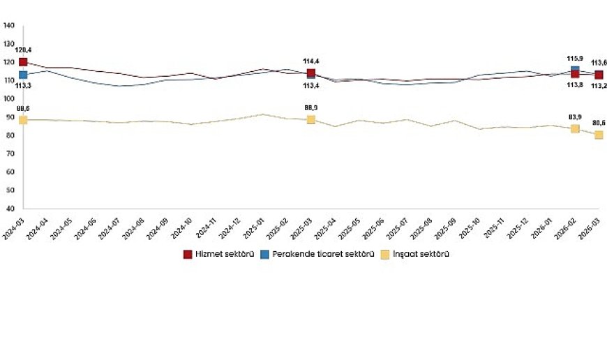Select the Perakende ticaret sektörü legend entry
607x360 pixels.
317,255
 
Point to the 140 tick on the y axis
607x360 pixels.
9,26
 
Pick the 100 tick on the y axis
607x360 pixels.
9,99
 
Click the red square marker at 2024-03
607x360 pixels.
23,63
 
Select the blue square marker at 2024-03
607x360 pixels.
23,75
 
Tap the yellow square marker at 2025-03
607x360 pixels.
311,119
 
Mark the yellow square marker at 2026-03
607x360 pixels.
599,135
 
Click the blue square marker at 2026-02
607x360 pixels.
575,70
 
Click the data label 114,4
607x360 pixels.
310,61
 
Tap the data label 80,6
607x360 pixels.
599,122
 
